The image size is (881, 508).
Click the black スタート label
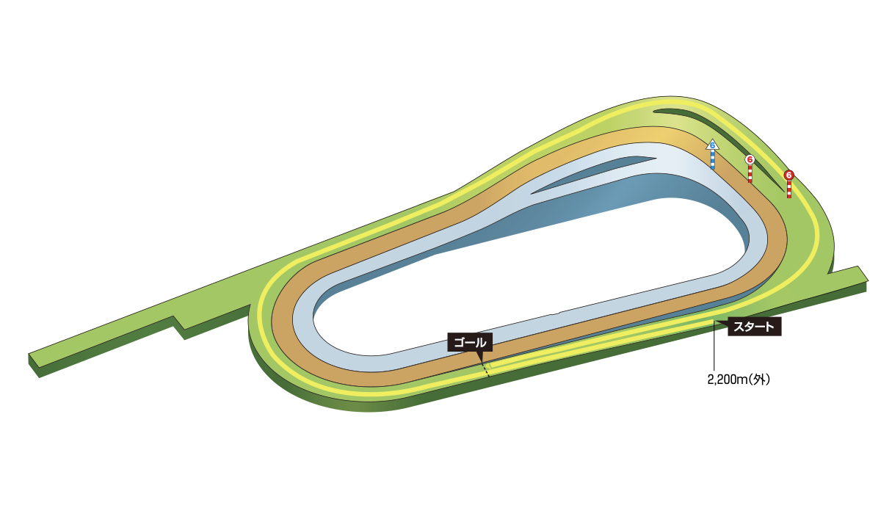755,327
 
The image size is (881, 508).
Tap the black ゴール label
470,343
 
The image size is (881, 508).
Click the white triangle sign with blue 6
712,145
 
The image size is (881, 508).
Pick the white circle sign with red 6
750,159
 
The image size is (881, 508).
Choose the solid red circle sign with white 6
788,175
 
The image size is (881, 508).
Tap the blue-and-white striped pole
713,159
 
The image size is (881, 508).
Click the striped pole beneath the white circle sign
750,173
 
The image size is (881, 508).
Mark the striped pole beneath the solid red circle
789,189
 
